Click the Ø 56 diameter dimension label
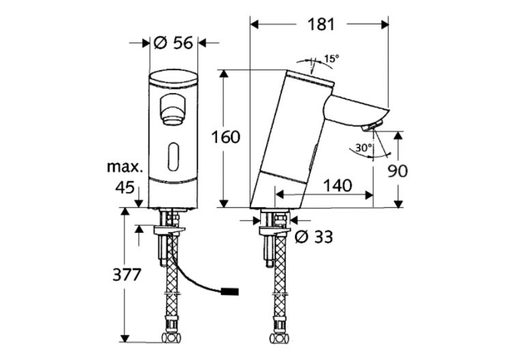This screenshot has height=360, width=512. click(x=173, y=42)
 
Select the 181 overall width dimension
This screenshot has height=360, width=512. click(x=319, y=25)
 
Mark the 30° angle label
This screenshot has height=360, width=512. click(x=363, y=147)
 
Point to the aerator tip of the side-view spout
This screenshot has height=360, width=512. click(x=371, y=126)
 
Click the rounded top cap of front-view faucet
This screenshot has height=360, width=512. click(x=173, y=80)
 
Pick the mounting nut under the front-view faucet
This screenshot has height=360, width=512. click(x=173, y=219)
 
